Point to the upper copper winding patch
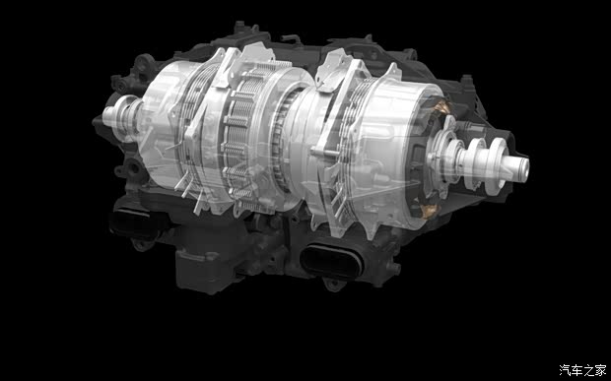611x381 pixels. click(x=442, y=106)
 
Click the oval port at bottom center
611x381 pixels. click(x=332, y=261)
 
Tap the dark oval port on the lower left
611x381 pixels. click(x=131, y=222)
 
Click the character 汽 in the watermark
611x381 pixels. click(x=565, y=370)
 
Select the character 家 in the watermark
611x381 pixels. click(x=600, y=370)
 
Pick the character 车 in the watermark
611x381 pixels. click(x=577, y=370)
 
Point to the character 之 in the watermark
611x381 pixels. click(x=588, y=370)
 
